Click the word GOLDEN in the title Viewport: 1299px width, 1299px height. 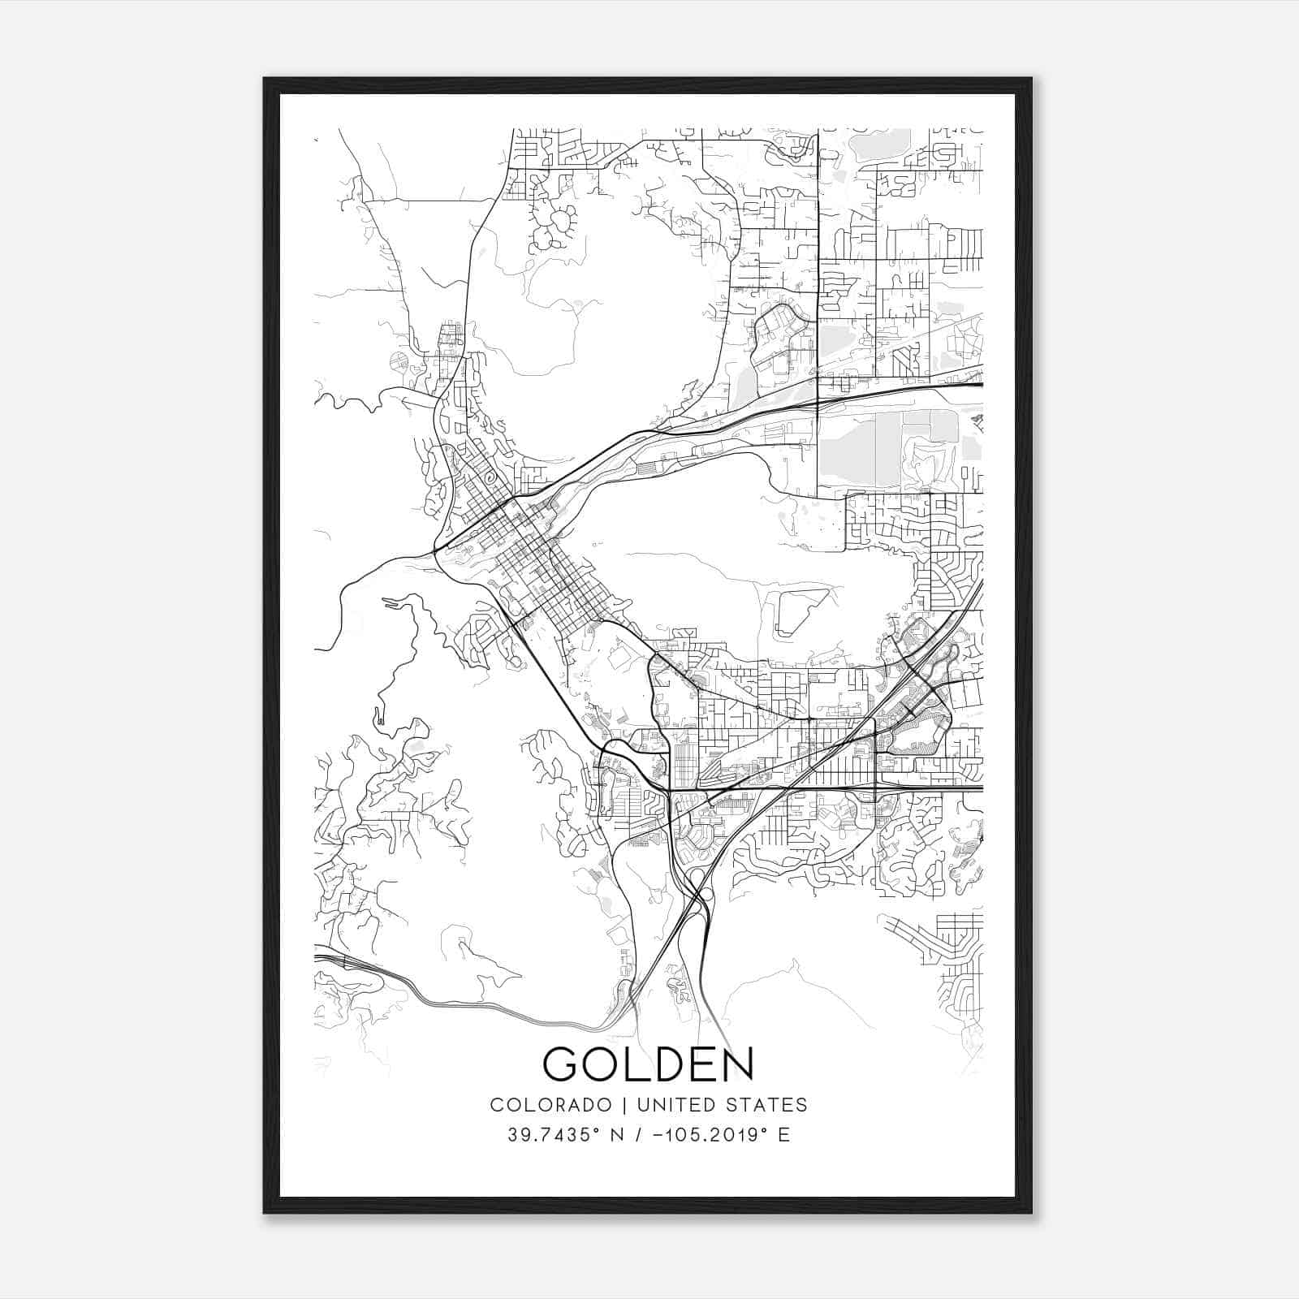[648, 1064]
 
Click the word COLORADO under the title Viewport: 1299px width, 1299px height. [550, 1104]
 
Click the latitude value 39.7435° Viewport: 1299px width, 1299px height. [555, 1135]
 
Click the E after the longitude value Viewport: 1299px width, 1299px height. [783, 1135]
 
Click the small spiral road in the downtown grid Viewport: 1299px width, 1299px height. [488, 478]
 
